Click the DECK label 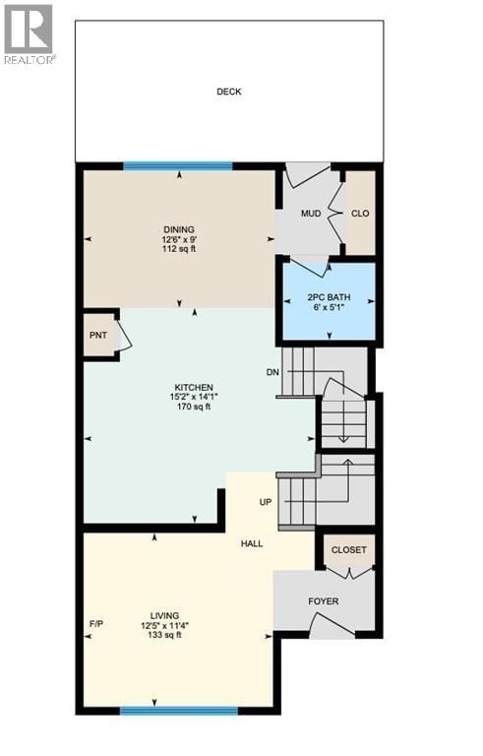[229, 93]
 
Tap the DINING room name [179, 229]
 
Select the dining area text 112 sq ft [179, 249]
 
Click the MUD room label [311, 213]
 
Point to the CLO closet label [360, 213]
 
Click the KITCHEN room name [193, 387]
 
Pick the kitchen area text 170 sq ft [193, 407]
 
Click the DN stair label [272, 372]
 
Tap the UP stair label [265, 502]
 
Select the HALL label [252, 542]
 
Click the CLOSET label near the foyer [348, 550]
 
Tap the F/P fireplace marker [96, 624]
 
